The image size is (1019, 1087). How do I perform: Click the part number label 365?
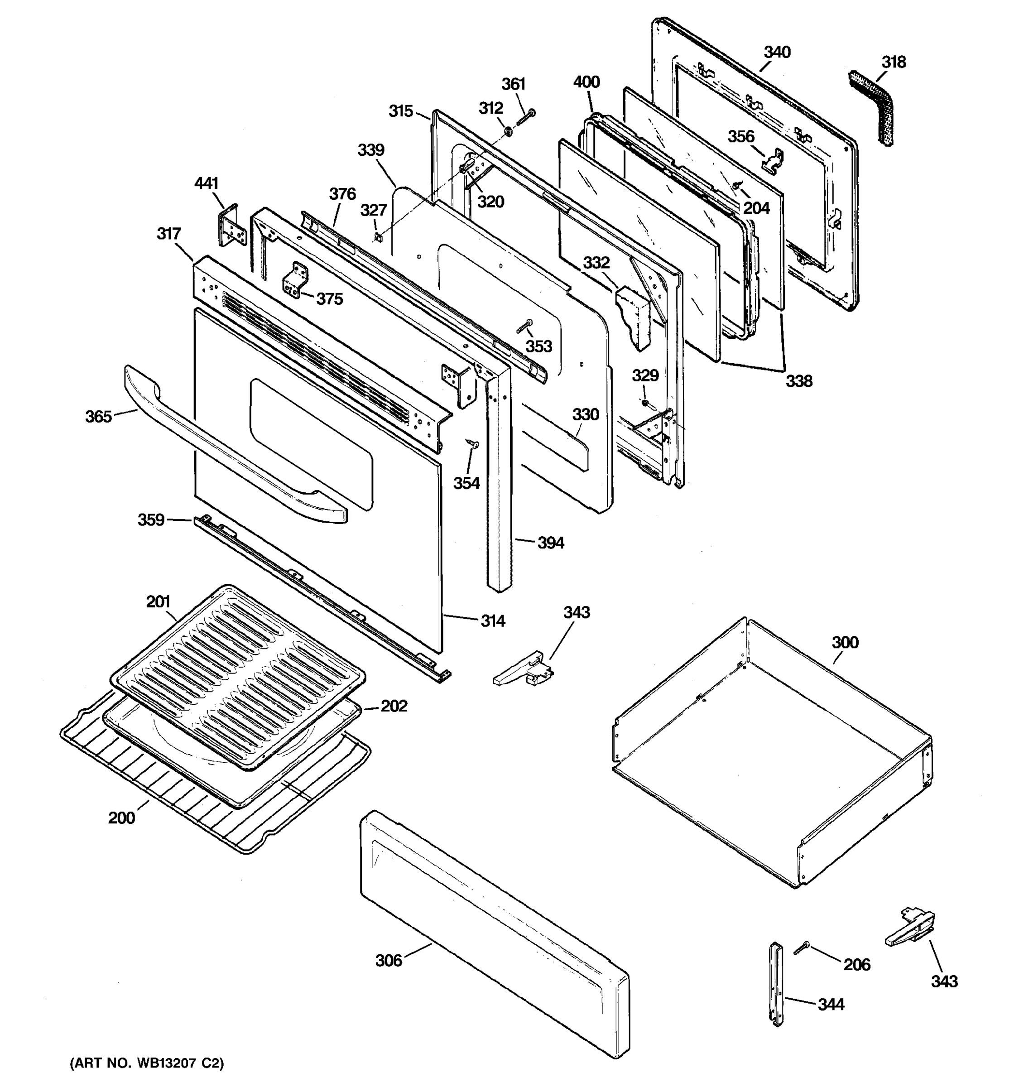point(98,417)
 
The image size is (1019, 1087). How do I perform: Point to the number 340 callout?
point(777,53)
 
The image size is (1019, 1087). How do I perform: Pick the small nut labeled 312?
point(507,131)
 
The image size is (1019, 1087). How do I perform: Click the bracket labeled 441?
point(232,225)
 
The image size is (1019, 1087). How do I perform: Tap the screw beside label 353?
point(524,327)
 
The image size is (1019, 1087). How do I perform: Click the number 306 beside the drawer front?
point(389,960)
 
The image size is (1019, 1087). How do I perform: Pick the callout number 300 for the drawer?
point(845,643)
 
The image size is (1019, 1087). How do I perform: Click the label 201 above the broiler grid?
point(158,602)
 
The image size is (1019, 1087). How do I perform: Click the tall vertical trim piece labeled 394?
point(499,492)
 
